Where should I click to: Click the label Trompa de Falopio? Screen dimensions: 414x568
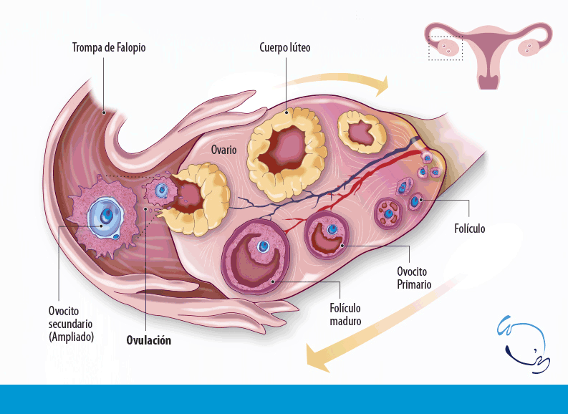point(109,48)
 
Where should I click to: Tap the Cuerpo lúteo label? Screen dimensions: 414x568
point(285,48)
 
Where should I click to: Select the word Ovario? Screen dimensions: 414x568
point(224,150)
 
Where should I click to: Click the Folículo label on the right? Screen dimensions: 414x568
point(469,228)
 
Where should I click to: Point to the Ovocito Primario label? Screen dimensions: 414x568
point(414,278)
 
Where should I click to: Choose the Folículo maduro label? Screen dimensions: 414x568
point(345,314)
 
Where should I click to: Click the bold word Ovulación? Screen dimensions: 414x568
point(148,340)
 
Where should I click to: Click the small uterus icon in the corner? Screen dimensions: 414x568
point(488,54)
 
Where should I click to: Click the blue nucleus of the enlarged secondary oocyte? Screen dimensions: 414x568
point(105,216)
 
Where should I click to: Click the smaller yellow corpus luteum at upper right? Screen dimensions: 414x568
point(364,133)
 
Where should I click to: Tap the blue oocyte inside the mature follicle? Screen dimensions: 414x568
point(264,247)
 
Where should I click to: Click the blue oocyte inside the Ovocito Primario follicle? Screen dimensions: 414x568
point(332,229)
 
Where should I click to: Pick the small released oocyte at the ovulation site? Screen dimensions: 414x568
point(161,191)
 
